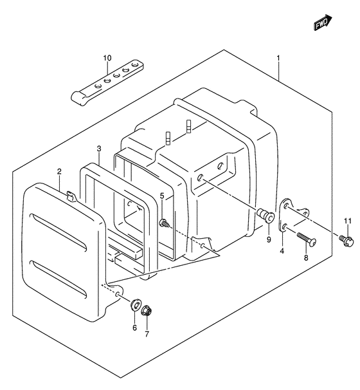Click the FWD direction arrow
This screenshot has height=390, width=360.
tap(323, 23)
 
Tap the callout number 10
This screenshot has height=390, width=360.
tap(107, 58)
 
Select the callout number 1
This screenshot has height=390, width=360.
tap(278, 58)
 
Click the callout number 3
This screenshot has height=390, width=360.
tap(99, 149)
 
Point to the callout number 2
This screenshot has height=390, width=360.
tap(59, 171)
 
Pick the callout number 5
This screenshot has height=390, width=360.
tap(162, 196)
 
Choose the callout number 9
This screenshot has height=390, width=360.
tap(269, 240)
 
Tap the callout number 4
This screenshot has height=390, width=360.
tap(282, 251)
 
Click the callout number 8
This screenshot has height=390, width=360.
tap(306, 257)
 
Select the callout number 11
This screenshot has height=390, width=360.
tap(348, 221)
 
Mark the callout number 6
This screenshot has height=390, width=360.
tap(134, 328)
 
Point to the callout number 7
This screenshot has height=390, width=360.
tap(147, 334)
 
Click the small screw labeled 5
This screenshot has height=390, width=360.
tap(165, 223)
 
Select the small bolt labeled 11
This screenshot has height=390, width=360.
tap(346, 240)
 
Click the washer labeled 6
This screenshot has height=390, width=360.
tap(135, 305)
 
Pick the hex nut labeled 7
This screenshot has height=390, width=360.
tap(147, 310)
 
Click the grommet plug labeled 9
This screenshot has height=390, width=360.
tap(266, 216)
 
